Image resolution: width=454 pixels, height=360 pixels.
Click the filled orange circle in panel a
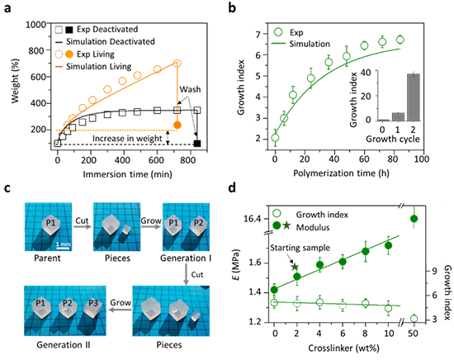tap(177, 126)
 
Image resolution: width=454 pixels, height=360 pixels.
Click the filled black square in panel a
tap(197, 144)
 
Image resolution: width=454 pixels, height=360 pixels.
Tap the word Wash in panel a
tap(190, 89)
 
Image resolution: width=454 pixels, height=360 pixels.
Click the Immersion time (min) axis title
tap(128, 174)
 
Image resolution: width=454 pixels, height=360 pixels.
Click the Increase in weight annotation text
tap(127, 139)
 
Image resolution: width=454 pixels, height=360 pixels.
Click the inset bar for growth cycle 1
tap(398, 116)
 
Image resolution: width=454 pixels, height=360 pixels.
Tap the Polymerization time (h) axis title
tap(341, 173)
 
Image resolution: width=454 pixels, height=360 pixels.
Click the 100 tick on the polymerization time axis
tap(421, 159)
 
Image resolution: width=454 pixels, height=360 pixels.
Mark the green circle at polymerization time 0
tap(275, 138)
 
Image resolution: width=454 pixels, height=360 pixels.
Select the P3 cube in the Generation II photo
tap(92, 308)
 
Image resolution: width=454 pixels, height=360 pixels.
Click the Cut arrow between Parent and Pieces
tap(83, 226)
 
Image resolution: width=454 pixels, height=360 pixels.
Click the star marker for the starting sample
tap(295, 267)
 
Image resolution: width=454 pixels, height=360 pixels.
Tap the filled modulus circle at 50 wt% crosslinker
tap(414, 218)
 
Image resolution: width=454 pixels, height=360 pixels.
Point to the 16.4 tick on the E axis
tap(252, 219)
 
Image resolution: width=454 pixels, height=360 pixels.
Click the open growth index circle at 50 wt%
tap(414, 319)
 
